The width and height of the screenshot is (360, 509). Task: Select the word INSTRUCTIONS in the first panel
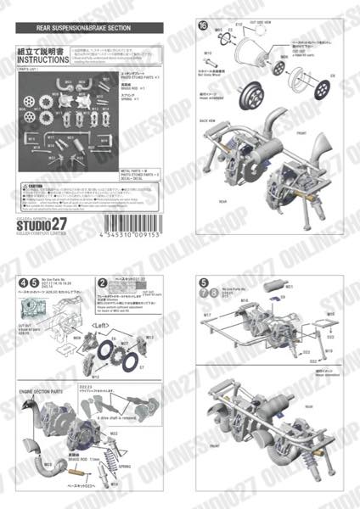click(x=39, y=61)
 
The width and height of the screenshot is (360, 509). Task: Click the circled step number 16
click(x=201, y=26)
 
